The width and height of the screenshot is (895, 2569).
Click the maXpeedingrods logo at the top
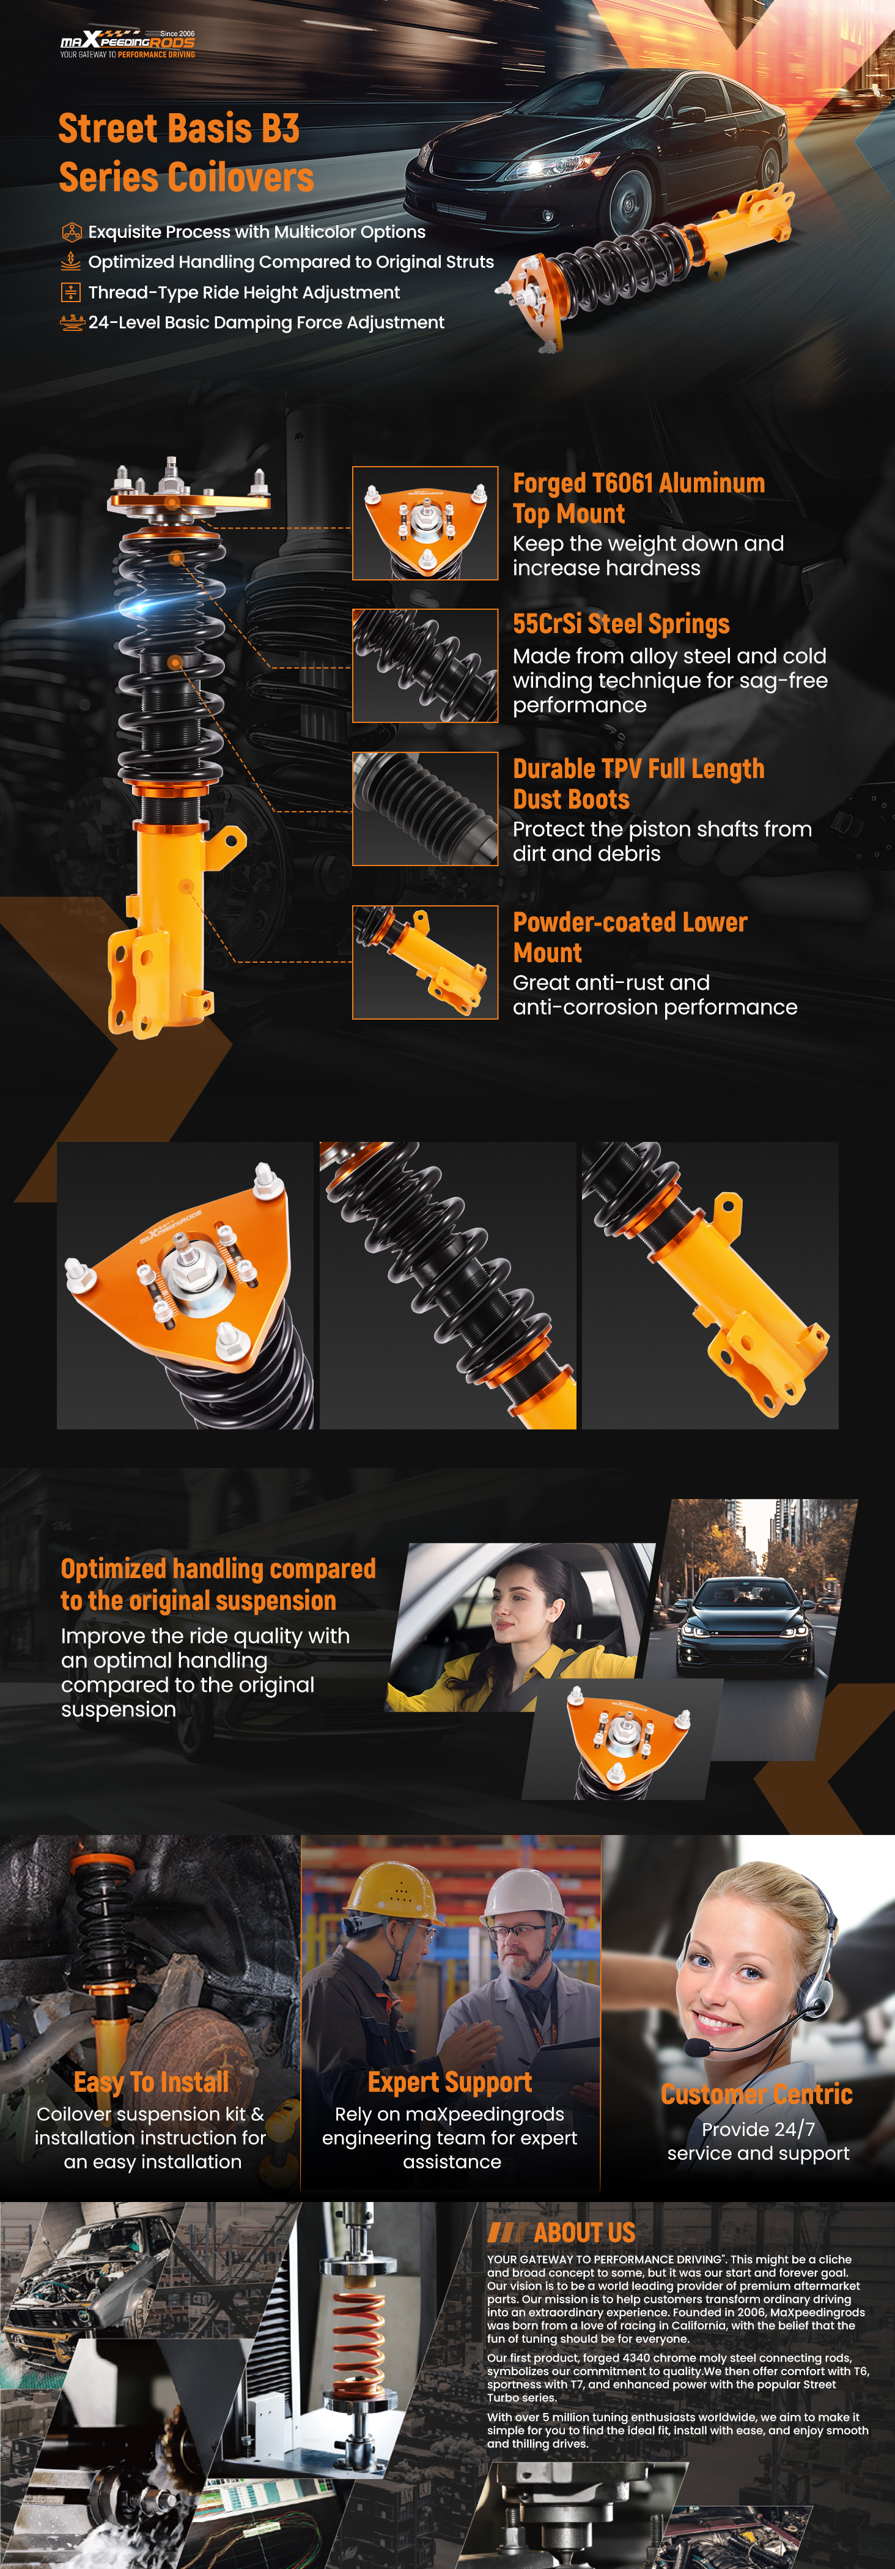(128, 44)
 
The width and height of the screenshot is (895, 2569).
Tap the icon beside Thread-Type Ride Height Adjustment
(71, 292)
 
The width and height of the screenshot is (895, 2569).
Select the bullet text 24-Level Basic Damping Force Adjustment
(266, 322)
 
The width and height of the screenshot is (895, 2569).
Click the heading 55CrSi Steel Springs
(621, 625)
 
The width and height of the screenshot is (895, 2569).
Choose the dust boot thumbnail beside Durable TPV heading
(425, 809)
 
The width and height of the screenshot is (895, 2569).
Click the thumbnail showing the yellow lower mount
(425, 962)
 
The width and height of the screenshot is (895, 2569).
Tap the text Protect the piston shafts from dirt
(662, 840)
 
